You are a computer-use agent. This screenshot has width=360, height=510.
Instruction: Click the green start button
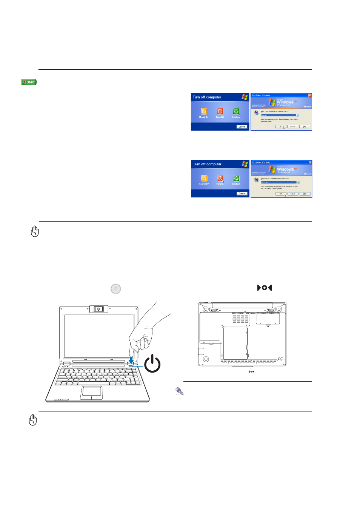29,82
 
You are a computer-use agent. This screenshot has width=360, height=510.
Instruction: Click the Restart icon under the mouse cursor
236,111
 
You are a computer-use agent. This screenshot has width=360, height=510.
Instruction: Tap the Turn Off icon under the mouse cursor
220,178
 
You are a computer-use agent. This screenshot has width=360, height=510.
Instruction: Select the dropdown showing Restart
280,115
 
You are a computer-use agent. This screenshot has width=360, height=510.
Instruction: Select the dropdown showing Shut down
280,182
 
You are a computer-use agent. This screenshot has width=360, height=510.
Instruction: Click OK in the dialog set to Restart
280,127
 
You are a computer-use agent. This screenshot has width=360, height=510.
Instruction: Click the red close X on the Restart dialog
310,95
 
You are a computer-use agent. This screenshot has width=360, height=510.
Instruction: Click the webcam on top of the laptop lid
98,309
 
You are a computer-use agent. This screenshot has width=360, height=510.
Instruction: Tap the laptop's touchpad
91,392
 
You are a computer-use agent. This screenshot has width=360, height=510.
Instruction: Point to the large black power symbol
152,363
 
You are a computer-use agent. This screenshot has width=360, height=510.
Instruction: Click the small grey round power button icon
115,289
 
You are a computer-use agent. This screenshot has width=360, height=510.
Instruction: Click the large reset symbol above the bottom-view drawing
264,288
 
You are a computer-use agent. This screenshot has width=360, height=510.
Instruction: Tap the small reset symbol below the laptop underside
252,371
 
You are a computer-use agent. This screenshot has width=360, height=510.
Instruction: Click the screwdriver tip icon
180,391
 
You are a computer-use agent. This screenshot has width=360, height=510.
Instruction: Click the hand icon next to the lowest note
33,420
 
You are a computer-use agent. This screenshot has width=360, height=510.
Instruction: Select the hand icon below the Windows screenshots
35,231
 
